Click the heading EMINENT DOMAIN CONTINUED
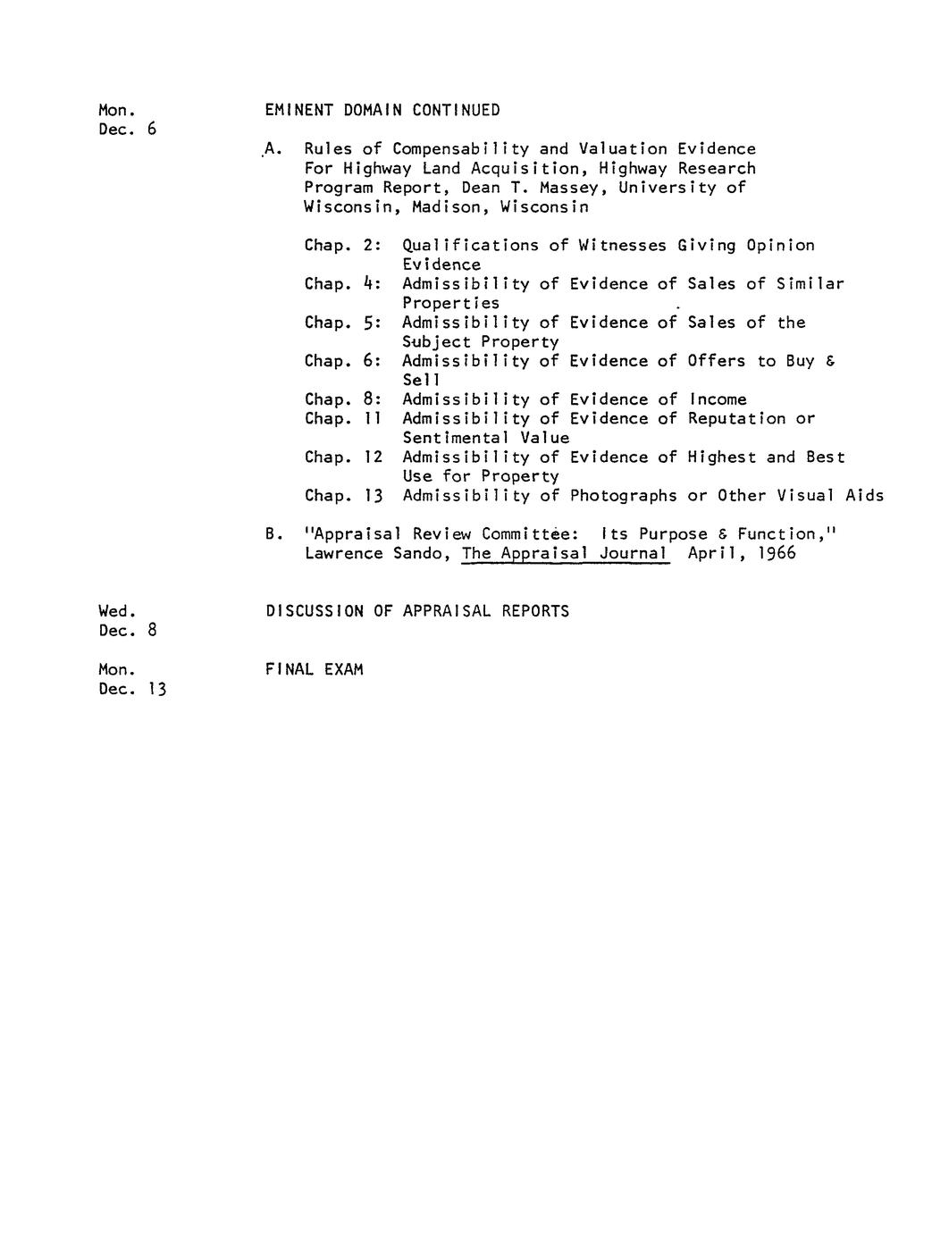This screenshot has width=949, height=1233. [x=382, y=110]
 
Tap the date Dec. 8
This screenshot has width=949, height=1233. [x=128, y=631]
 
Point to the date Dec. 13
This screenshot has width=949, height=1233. [x=132, y=689]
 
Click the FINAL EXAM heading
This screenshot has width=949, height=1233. [x=314, y=669]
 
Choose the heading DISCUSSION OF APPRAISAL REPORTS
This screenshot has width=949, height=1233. [x=416, y=611]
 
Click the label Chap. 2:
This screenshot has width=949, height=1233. [x=343, y=245]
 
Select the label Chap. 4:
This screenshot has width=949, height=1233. [x=343, y=284]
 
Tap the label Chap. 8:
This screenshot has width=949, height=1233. [x=343, y=399]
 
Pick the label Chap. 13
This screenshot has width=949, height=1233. [x=343, y=496]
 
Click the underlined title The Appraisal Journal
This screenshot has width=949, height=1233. [x=565, y=553]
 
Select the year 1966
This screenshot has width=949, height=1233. [x=774, y=553]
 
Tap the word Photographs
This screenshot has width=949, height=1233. [x=623, y=496]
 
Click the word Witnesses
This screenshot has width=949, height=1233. [x=622, y=245]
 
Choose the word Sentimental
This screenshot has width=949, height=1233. [x=456, y=438]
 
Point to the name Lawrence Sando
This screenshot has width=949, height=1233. [x=377, y=553]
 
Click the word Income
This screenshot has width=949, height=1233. [x=718, y=399]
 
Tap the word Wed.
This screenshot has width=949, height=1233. [x=116, y=611]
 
